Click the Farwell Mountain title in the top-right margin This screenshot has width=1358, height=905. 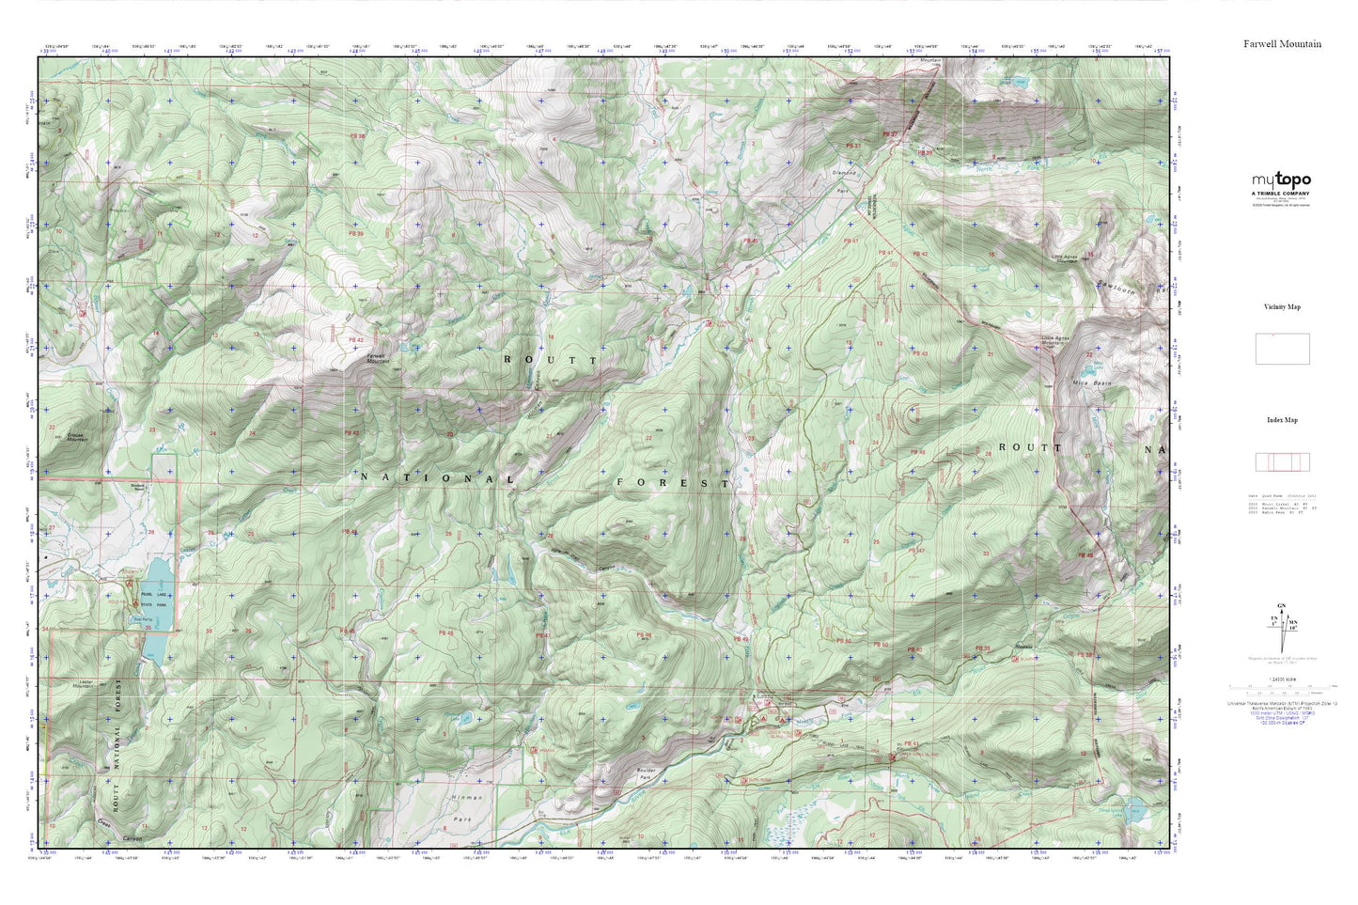[x=1282, y=44]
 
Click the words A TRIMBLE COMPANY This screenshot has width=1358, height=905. [x=1280, y=193]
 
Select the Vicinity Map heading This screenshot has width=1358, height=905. [x=1282, y=307]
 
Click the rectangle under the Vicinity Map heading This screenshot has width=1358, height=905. [x=1282, y=349]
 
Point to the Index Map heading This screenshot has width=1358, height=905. [x=1282, y=420]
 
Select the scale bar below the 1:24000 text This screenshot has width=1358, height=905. [x=1282, y=687]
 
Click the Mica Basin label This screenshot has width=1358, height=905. [x=1091, y=383]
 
